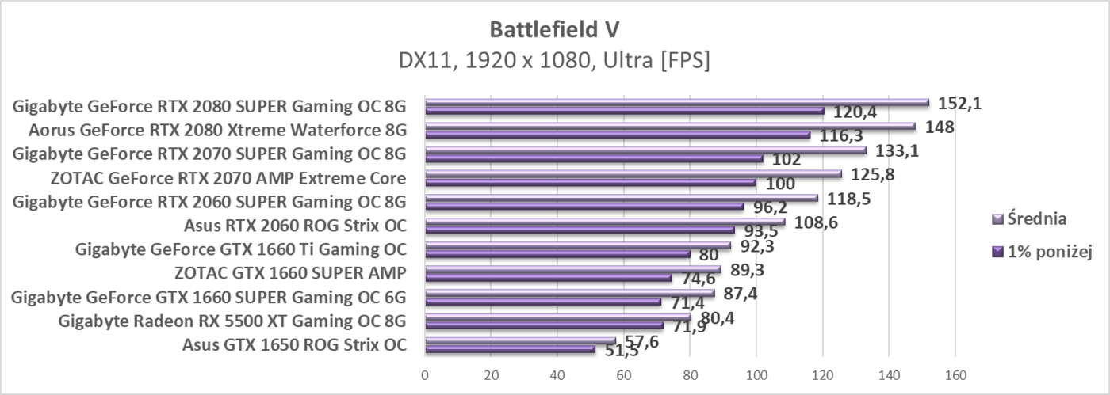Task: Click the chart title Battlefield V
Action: pyautogui.click(x=554, y=28)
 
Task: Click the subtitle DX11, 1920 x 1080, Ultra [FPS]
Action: pyautogui.click(x=554, y=59)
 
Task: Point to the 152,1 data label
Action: pyautogui.click(x=959, y=103)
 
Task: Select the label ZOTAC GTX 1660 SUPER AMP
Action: pyautogui.click(x=290, y=273)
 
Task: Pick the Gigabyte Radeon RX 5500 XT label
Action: pyautogui.click(x=232, y=321)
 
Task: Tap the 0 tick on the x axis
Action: pyautogui.click(x=425, y=374)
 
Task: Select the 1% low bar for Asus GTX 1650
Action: pyautogui.click(x=510, y=349)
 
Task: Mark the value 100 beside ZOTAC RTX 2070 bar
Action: pyautogui.click(x=781, y=184)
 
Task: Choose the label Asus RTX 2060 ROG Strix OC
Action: pyautogui.click(x=295, y=226)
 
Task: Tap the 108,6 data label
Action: pyautogui.click(x=815, y=222)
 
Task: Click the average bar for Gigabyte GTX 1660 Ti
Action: pyautogui.click(x=578, y=245)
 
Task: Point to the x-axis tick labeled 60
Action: pyautogui.click(x=624, y=374)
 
